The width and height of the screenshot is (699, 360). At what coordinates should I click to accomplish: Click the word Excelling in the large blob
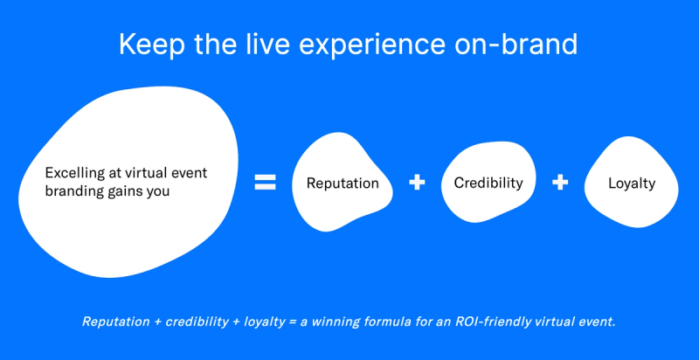[x=73, y=173]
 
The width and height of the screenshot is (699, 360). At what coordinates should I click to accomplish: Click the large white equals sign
[x=265, y=183]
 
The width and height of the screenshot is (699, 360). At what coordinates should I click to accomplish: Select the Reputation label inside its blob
[x=343, y=183]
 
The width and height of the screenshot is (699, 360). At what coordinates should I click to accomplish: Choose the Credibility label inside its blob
[x=488, y=183]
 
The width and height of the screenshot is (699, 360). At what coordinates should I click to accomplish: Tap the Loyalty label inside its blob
[x=632, y=183]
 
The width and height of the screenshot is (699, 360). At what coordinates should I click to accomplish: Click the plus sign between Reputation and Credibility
[x=417, y=183]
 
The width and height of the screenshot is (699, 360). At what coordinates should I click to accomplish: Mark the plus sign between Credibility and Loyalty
[x=560, y=183]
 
